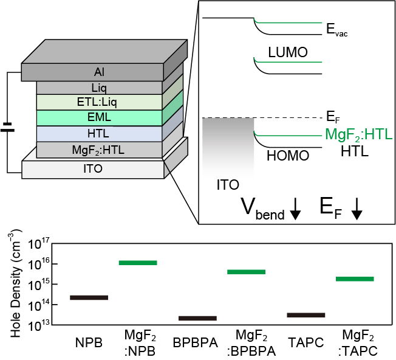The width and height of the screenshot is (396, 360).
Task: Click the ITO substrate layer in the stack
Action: coord(93,169)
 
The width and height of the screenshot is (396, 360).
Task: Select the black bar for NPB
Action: coord(89,297)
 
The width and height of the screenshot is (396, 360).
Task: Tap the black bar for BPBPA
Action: coord(197,318)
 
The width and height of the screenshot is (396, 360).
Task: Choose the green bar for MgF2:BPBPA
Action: coord(247,272)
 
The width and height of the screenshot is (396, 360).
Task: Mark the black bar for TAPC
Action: coord(306,315)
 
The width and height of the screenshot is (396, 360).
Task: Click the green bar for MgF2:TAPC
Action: coord(355,279)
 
